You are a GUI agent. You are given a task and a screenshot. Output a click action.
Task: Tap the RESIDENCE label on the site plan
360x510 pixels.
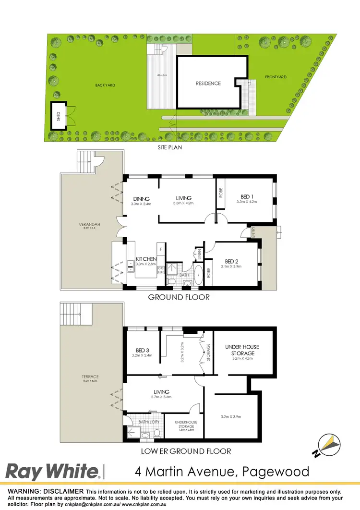pos(208,83)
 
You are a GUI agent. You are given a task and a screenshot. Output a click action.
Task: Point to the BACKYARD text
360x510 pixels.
pos(105,85)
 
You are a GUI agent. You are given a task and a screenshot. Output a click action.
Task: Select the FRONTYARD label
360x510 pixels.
pos(276,77)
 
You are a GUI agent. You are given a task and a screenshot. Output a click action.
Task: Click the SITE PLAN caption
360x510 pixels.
pos(170,148)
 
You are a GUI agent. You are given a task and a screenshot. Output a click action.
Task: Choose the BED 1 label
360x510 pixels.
pos(248,196)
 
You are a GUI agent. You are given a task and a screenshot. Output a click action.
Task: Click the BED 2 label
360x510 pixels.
pos(233,262)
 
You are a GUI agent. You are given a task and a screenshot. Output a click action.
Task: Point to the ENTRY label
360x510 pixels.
pos(253,232)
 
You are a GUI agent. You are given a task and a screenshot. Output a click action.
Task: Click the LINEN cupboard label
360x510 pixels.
pos(198,253)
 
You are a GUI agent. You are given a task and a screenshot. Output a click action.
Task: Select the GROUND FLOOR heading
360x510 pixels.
pos(179,297)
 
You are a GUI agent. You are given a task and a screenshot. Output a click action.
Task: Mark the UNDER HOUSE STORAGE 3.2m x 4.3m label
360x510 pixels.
pos(243,350)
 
